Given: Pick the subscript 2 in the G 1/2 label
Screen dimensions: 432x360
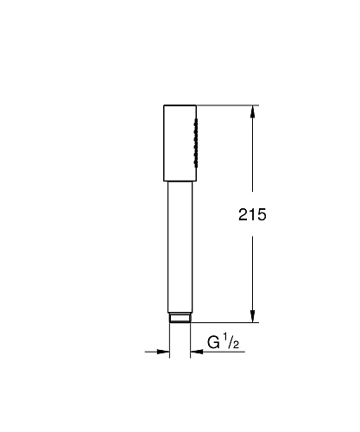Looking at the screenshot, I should click(235, 346).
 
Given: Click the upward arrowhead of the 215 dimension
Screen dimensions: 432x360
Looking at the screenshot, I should click(252, 111).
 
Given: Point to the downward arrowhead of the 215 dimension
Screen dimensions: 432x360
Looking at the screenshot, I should click(252, 317).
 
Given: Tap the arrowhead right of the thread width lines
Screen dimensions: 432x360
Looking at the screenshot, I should click(197, 352).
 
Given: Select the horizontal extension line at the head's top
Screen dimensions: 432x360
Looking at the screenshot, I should click(229, 106).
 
